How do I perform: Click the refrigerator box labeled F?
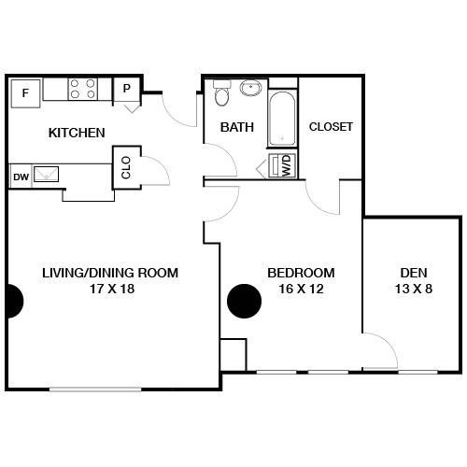(x=25, y=93)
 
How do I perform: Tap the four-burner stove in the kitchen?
(x=83, y=89)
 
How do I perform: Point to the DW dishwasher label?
(x=21, y=177)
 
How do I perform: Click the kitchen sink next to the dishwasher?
(x=46, y=175)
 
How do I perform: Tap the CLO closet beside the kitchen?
(x=126, y=167)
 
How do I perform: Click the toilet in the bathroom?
(x=222, y=92)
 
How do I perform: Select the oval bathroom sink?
(x=250, y=88)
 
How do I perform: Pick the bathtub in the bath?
(x=282, y=119)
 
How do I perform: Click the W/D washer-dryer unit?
(x=282, y=166)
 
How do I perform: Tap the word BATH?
(x=237, y=127)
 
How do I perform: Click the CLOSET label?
(x=331, y=127)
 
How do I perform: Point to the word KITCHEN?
(x=77, y=133)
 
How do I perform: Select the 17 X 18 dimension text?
(x=112, y=289)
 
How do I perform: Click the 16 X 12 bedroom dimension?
(x=301, y=289)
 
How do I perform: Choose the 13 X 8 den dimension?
(x=414, y=289)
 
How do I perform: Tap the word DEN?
(x=414, y=273)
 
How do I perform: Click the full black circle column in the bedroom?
(x=244, y=301)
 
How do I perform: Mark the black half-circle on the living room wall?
(x=15, y=301)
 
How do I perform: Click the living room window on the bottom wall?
(x=95, y=389)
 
